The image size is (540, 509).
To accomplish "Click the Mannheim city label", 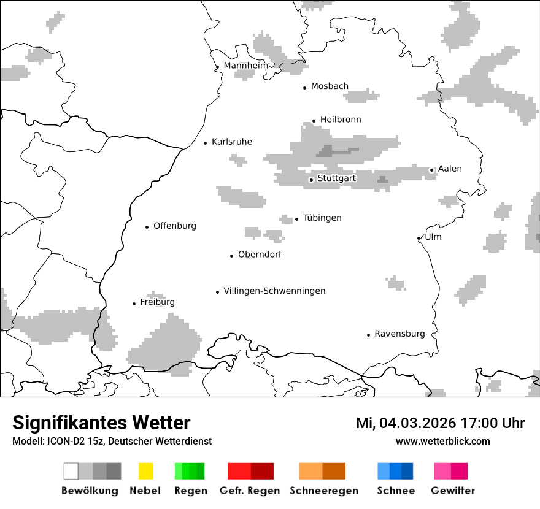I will (245, 66).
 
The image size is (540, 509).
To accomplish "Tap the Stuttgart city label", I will (336, 178).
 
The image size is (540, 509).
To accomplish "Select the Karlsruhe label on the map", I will (231, 142).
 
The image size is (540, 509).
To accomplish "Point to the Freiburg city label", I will (157, 302).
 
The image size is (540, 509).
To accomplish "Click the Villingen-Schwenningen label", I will (274, 291).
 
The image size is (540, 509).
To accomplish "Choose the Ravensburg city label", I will (399, 334).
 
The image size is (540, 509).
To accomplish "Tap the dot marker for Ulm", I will (419, 238).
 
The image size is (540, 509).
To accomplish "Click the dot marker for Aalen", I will (432, 170).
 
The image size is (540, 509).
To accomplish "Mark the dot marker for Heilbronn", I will (314, 121).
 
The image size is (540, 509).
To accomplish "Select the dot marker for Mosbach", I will (305, 88).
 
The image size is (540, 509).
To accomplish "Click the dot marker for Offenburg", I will (147, 227).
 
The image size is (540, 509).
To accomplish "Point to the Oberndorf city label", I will (260, 254).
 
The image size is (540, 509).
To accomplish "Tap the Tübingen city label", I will (322, 218).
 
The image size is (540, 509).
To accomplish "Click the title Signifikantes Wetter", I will (101, 423).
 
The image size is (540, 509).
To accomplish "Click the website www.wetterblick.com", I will (442, 441).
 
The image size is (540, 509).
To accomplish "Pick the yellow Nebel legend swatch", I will (145, 471).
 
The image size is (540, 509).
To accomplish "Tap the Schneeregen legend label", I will (323, 491).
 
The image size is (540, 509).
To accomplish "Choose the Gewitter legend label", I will (452, 491).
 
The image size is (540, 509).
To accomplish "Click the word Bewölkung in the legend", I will (90, 491).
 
